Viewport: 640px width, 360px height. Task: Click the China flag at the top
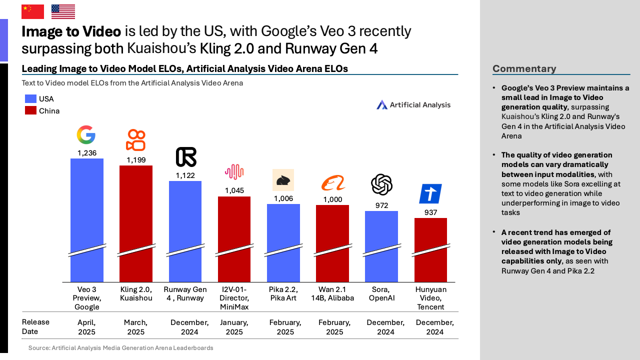pyautogui.click(x=32, y=11)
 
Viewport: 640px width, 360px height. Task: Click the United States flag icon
pyautogui.click(x=63, y=11)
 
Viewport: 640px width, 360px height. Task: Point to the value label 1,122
pyautogui.click(x=185, y=175)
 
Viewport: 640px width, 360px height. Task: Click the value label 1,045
pyautogui.click(x=234, y=190)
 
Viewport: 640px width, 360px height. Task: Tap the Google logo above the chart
pyautogui.click(x=86, y=135)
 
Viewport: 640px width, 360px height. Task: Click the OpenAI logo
pyautogui.click(x=381, y=184)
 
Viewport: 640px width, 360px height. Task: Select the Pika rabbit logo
pyautogui.click(x=283, y=180)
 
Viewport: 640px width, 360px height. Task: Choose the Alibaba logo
pyautogui.click(x=333, y=183)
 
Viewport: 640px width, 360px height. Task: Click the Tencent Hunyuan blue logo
pyautogui.click(x=430, y=193)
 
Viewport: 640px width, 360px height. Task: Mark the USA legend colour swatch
pyautogui.click(x=30, y=99)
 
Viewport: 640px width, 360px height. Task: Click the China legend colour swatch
pyautogui.click(x=30, y=110)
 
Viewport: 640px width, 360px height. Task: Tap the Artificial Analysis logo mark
pyautogui.click(x=382, y=104)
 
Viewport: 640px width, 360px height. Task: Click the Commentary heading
pyautogui.click(x=524, y=68)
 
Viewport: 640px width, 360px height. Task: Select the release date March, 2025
pyautogui.click(x=135, y=327)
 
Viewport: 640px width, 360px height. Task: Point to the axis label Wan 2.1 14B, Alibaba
pyautogui.click(x=332, y=294)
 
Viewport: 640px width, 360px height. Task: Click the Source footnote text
pyautogui.click(x=120, y=348)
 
